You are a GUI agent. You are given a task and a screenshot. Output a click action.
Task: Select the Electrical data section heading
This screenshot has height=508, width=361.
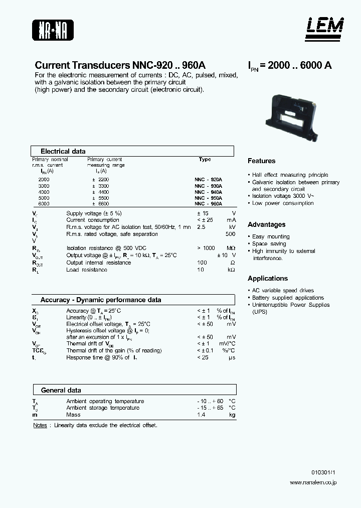[63, 151]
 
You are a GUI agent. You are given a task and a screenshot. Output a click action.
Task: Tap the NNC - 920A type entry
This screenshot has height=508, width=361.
[208, 179]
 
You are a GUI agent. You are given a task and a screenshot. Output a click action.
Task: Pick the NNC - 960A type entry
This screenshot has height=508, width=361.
[208, 204]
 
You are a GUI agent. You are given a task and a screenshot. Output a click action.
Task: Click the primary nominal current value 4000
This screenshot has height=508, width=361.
[44, 192]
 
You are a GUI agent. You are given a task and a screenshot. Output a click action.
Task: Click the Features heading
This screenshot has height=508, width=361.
[261, 161]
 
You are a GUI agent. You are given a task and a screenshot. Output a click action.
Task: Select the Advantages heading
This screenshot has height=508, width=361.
[266, 225]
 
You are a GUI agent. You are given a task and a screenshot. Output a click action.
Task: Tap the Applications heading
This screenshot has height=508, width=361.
[268, 279]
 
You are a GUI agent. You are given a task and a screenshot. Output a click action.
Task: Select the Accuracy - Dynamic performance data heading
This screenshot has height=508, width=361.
[101, 300]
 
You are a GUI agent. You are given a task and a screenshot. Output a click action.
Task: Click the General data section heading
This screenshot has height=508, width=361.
[61, 390]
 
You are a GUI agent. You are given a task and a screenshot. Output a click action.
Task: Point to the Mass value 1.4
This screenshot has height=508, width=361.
[201, 415]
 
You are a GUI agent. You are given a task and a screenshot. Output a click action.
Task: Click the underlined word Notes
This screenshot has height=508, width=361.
[40, 425]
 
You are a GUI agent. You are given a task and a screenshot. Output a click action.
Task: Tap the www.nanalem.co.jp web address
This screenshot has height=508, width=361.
[313, 482]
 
